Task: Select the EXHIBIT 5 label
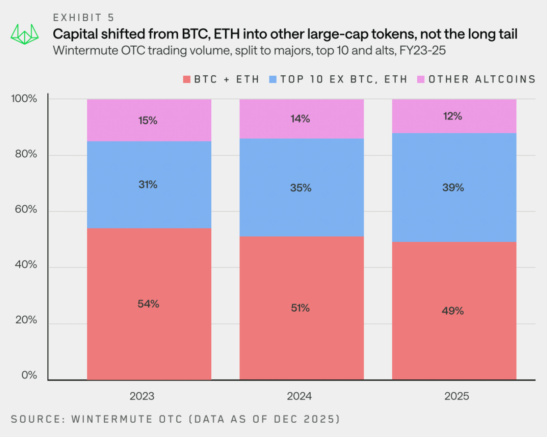[x=84, y=17]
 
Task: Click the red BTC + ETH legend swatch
[x=186, y=79]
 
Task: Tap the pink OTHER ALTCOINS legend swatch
[x=421, y=79]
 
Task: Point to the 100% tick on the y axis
[x=24, y=99]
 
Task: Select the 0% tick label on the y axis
[x=29, y=375]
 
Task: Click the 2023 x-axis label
[x=142, y=396]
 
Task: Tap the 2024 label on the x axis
[x=299, y=396]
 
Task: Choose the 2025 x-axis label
[x=457, y=396]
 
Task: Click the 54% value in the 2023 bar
[x=148, y=304]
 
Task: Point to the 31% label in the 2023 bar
[x=148, y=184]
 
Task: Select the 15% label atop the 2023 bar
[x=148, y=120]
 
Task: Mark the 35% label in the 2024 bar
[x=300, y=188]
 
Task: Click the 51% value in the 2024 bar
[x=300, y=308]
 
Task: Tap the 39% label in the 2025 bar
[x=453, y=188]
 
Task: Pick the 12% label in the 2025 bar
[x=453, y=116]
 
